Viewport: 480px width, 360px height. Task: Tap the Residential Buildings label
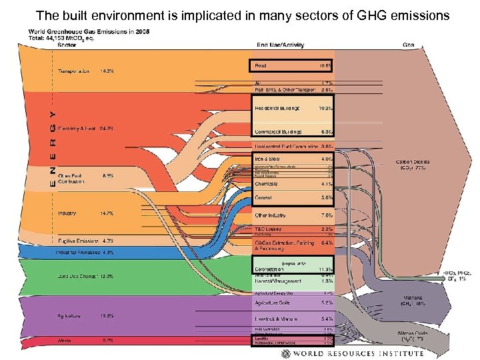pyautogui.click(x=277, y=107)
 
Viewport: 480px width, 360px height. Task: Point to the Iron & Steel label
pyautogui.click(x=267, y=159)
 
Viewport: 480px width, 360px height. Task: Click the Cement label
pyautogui.click(x=263, y=197)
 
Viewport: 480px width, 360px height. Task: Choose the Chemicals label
pyautogui.click(x=267, y=183)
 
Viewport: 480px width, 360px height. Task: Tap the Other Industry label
pyautogui.click(x=271, y=215)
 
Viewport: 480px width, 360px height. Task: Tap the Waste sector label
pyautogui.click(x=63, y=339)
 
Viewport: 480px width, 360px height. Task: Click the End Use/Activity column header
pyautogui.click(x=281, y=45)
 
